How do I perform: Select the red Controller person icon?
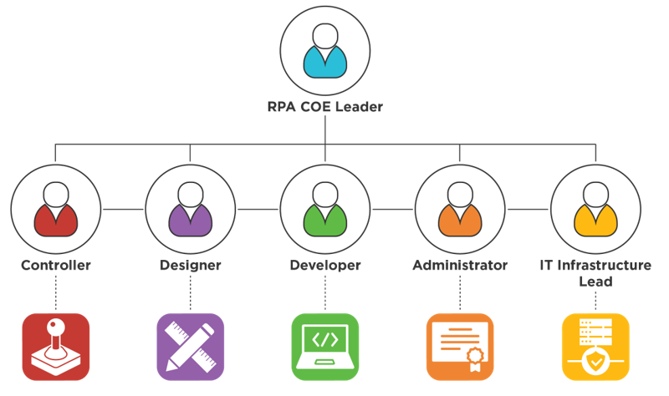[x=55, y=209]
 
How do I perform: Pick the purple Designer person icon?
[x=190, y=209]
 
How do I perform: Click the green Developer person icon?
[x=324, y=209]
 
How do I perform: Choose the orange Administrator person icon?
[x=460, y=209]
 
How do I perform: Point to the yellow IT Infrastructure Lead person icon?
[x=595, y=209]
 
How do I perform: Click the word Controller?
[x=55, y=266]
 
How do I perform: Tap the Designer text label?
[x=190, y=266]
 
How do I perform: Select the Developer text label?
[x=324, y=266]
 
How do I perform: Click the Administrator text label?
[x=460, y=266]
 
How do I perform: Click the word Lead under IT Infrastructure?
[x=595, y=282]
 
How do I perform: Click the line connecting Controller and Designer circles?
[x=122, y=208]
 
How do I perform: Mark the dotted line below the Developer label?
[x=324, y=293]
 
